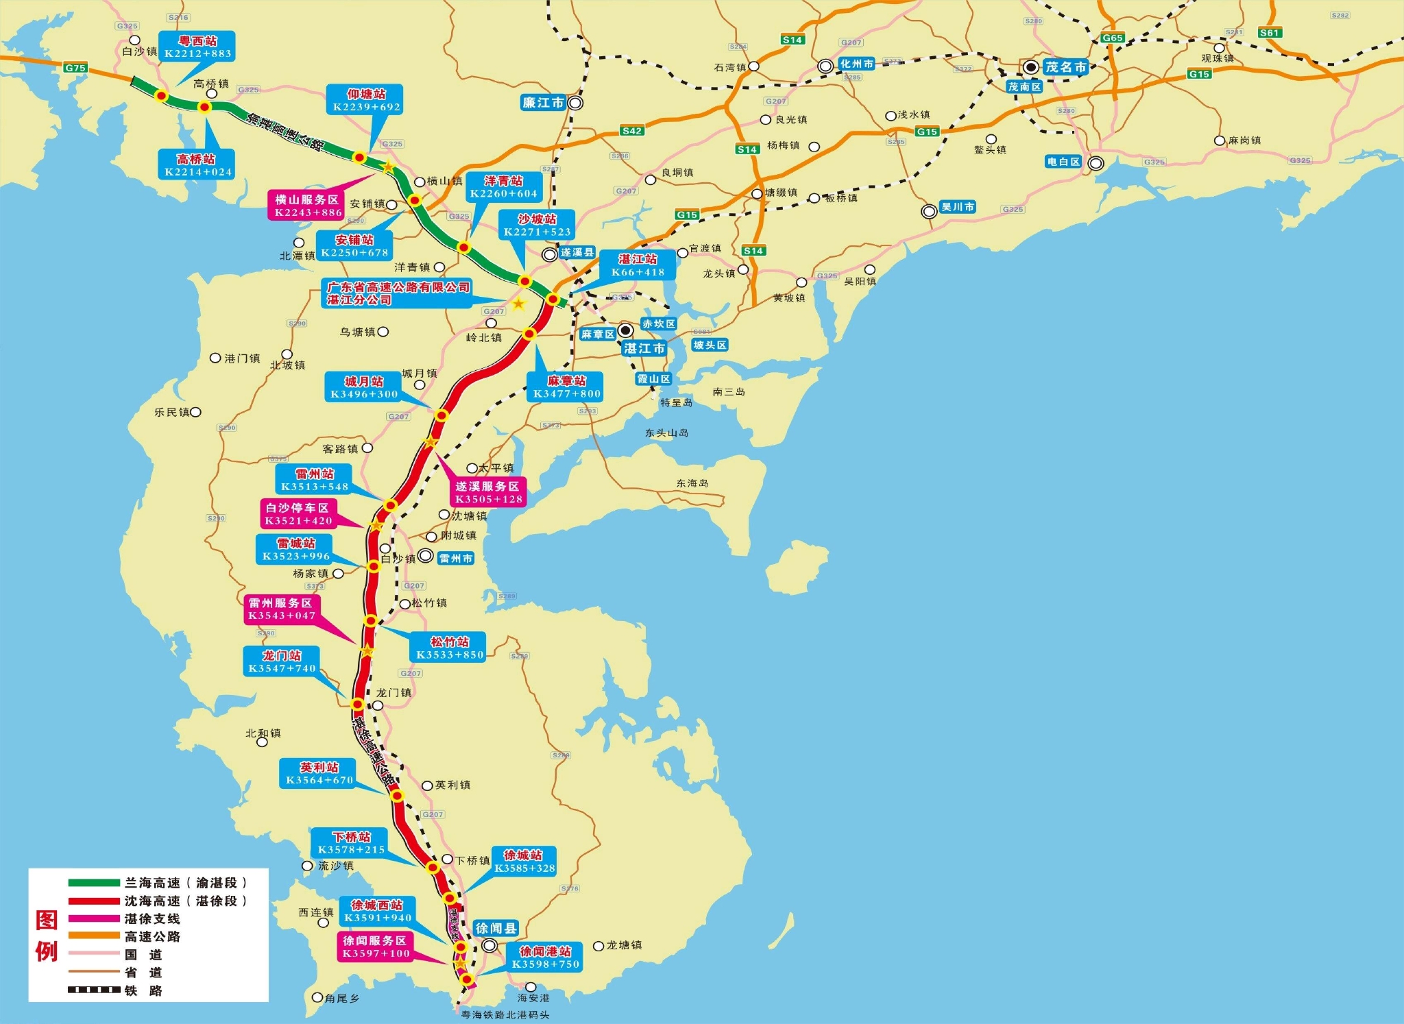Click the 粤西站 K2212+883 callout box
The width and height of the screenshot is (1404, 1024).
[197, 47]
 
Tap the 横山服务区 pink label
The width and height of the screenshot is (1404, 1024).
[307, 206]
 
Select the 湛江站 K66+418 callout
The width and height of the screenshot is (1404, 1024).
[638, 265]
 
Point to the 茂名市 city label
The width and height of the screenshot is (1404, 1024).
[1066, 67]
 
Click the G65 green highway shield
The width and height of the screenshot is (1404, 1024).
[1112, 38]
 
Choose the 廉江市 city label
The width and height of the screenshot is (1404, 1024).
[543, 103]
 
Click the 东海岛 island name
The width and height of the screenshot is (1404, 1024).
[692, 483]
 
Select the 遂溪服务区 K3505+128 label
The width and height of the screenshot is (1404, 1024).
[488, 492]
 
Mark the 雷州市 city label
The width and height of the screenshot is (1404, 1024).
[456, 559]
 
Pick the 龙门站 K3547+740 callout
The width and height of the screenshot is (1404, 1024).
[282, 661]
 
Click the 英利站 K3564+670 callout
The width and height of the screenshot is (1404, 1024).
[319, 773]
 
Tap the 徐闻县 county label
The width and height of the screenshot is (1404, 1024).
[496, 929]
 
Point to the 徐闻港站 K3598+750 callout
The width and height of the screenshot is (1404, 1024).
[545, 958]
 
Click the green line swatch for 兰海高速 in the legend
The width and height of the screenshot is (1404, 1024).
[94, 883]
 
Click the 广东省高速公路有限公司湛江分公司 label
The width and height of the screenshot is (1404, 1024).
[398, 293]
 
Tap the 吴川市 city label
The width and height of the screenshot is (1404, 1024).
[957, 207]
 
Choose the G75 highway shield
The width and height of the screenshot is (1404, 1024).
[75, 68]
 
